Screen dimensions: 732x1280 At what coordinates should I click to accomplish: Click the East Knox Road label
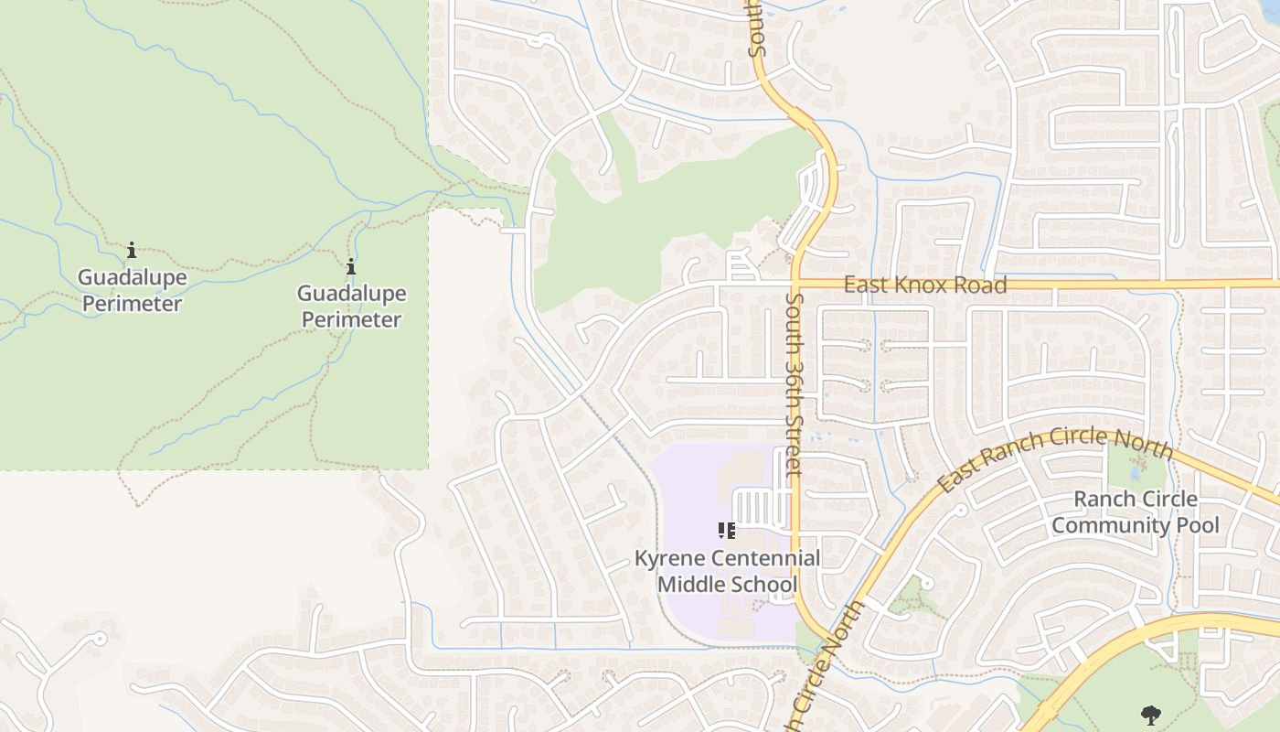pyautogui.click(x=924, y=285)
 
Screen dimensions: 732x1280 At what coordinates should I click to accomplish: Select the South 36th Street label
pyautogui.click(x=792, y=384)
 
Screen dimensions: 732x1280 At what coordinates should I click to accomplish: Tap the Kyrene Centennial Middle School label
pyautogui.click(x=727, y=571)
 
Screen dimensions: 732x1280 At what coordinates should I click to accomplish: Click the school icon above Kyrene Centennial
pyautogui.click(x=727, y=531)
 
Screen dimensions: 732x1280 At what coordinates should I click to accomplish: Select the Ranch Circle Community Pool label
pyautogui.click(x=1136, y=511)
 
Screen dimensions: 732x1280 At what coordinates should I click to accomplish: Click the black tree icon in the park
pyautogui.click(x=1150, y=715)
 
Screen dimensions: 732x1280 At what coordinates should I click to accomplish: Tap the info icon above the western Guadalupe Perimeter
pyautogui.click(x=132, y=250)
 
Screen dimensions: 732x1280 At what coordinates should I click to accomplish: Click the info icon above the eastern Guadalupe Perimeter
pyautogui.click(x=351, y=266)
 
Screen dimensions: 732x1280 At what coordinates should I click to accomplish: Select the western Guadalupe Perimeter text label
pyautogui.click(x=132, y=290)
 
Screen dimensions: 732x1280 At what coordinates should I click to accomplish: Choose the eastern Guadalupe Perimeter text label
pyautogui.click(x=351, y=307)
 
